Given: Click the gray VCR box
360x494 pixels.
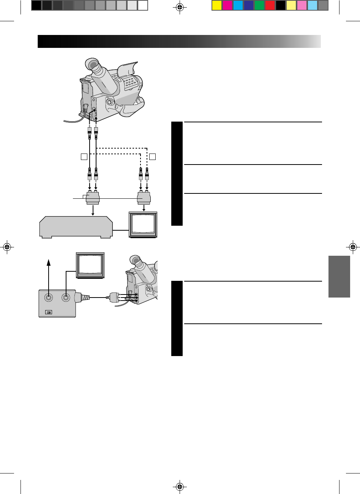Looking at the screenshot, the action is coord(76,227).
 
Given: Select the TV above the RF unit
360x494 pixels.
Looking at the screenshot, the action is coord(90,264).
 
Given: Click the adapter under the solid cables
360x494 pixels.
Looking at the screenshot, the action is coord(93,198).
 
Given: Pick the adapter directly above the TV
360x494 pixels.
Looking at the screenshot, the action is coord(144,198).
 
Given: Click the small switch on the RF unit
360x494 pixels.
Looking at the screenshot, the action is coord(49,312).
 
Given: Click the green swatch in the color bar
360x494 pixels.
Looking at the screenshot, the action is coord(259,5).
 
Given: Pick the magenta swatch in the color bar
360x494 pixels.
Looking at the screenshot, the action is coord(227,5).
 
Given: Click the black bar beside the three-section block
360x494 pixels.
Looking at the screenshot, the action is coord(177,174).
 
